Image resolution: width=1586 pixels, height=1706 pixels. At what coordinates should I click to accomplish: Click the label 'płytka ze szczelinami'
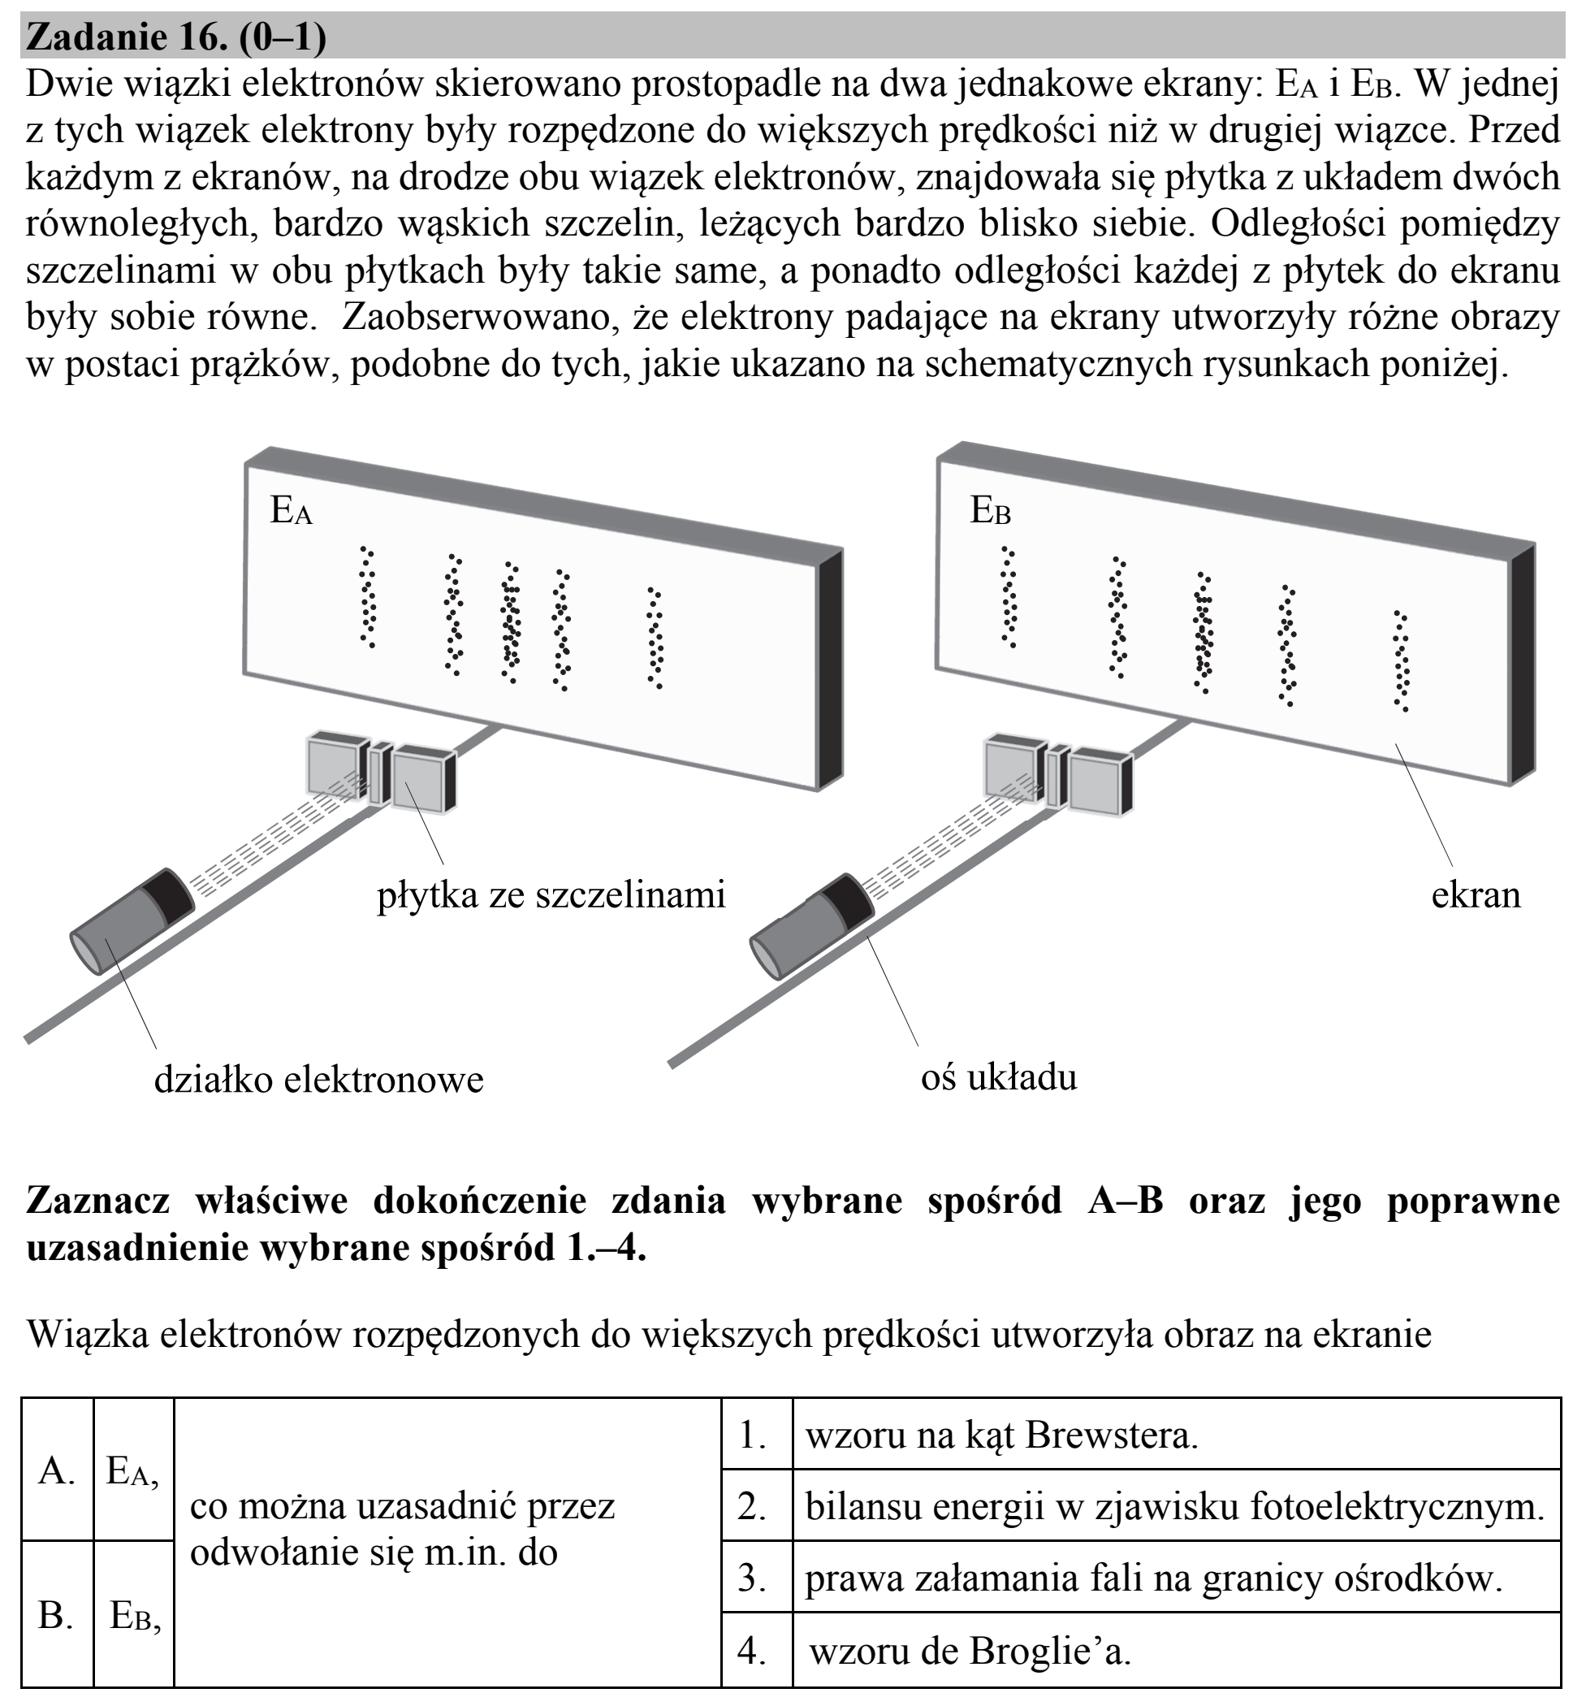[x=551, y=895]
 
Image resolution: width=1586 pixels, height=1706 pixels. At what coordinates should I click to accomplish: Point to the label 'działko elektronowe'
[x=318, y=1079]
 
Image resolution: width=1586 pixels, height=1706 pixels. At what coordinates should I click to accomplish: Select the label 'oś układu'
[x=998, y=1077]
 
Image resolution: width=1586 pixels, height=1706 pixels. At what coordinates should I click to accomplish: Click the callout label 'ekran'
[x=1476, y=895]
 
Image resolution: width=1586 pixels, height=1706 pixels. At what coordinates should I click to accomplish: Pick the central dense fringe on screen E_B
[x=1204, y=633]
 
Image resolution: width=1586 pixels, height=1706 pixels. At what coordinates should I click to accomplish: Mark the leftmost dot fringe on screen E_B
[x=1009, y=596]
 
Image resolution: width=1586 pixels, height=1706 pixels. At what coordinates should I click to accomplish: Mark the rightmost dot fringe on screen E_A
[x=655, y=638]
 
